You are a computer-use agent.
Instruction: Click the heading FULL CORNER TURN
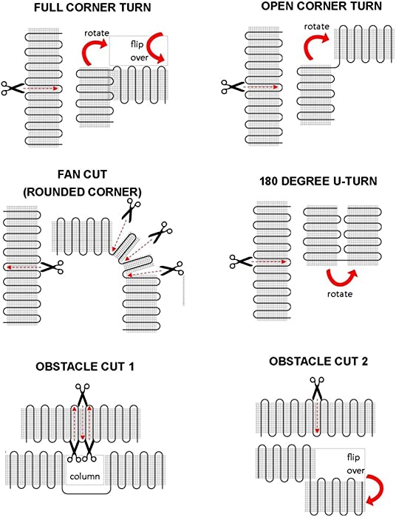[x=92, y=7]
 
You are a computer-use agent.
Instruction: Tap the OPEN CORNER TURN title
[x=321, y=6]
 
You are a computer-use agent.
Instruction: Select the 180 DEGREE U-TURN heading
[x=318, y=182]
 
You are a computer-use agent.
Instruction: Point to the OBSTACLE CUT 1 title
[x=85, y=366]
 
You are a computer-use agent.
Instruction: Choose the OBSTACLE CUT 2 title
[x=318, y=361]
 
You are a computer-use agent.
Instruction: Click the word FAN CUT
[x=83, y=174]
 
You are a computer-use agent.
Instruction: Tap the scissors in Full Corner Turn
[x=13, y=88]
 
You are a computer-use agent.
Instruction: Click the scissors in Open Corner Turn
[x=233, y=86]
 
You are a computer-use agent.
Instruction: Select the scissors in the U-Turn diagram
[x=242, y=261]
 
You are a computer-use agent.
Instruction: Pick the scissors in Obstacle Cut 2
[x=317, y=388]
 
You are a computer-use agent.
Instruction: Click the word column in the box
[x=85, y=476]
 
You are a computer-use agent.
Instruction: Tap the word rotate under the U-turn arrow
[x=340, y=294]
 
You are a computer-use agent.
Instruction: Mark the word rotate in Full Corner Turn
[x=97, y=33]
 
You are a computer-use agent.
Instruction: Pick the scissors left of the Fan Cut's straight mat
[x=51, y=267]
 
